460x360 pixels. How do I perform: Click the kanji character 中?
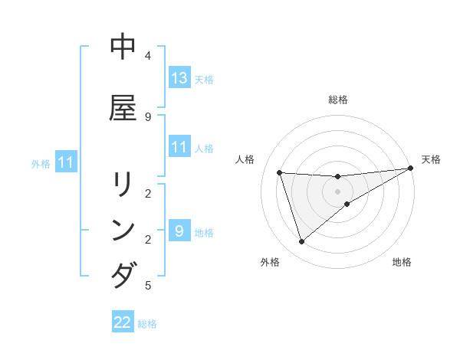click(x=123, y=47)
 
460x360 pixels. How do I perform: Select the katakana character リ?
click(x=123, y=186)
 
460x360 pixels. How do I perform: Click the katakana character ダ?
click(x=123, y=274)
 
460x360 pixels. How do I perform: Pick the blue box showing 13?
click(x=179, y=78)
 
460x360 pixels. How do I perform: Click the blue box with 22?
click(x=123, y=322)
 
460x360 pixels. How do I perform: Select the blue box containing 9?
click(x=179, y=231)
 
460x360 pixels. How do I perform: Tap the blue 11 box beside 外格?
click(x=66, y=162)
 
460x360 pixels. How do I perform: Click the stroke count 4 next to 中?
click(x=147, y=56)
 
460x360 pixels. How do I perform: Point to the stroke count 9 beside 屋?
click(x=147, y=116)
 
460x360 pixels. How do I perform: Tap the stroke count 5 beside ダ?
click(x=147, y=286)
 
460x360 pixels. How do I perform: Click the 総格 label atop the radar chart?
click(x=338, y=100)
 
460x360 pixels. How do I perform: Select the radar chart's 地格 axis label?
click(x=402, y=262)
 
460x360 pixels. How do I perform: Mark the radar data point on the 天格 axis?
click(x=411, y=169)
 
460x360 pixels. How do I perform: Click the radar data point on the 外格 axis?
click(x=301, y=242)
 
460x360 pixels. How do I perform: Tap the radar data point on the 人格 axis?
click(x=280, y=172)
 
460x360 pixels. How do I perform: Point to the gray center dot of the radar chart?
click(x=338, y=191)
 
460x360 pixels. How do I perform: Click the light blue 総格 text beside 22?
click(x=147, y=323)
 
